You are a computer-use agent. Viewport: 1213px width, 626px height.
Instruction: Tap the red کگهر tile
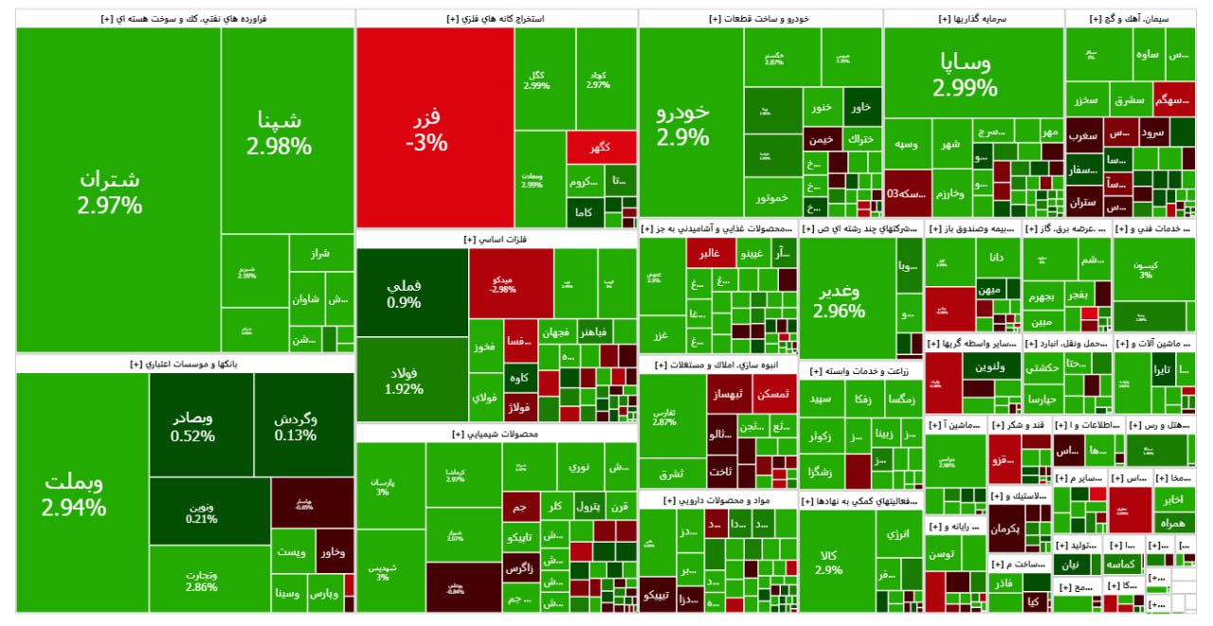pyautogui.click(x=601, y=147)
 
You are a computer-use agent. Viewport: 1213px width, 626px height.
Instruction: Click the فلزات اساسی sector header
pyautogui.click(x=496, y=241)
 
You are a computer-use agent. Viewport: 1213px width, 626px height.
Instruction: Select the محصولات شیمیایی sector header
pyautogui.click(x=496, y=434)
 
